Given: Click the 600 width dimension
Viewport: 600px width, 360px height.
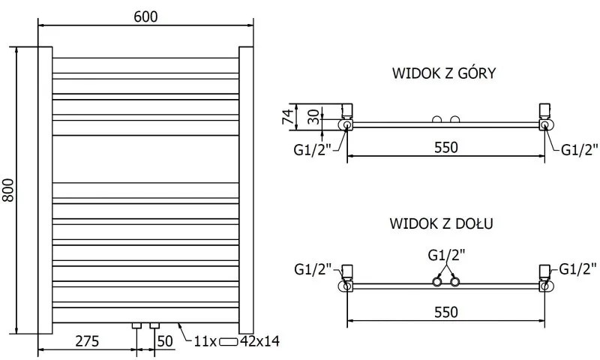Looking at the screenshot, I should tap(147, 16).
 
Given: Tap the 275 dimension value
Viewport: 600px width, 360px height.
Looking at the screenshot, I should tap(86, 341).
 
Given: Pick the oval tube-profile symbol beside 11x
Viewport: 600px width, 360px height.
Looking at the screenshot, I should tap(229, 342).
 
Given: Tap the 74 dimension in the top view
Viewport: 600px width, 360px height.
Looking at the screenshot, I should tap(286, 116).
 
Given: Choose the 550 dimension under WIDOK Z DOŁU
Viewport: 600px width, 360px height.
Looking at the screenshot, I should tap(445, 311).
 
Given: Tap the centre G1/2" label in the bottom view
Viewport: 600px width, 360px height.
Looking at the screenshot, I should tap(445, 254).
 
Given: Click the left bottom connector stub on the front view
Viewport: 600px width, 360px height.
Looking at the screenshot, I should tap(136, 327).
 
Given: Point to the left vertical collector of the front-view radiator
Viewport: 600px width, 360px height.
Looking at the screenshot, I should tap(45, 190).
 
